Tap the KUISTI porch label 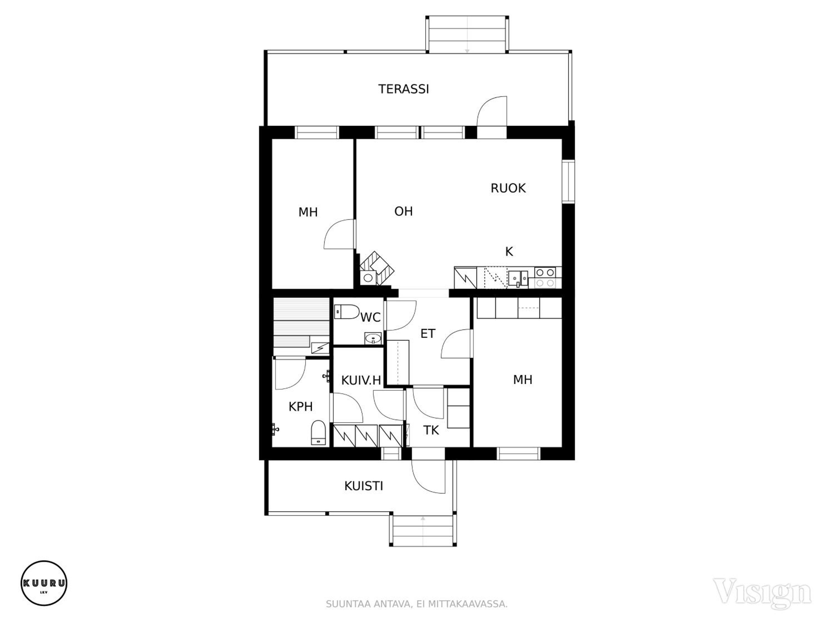click(363, 486)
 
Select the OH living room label click(403, 211)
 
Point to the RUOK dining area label click(508, 188)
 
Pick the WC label click(370, 318)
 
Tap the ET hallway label click(428, 334)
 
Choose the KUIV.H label click(361, 380)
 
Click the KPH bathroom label click(301, 406)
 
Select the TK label click(431, 430)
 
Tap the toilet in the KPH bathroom click(318, 433)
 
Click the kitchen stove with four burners click(545, 278)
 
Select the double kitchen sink click(518, 279)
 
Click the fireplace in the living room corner click(377, 268)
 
